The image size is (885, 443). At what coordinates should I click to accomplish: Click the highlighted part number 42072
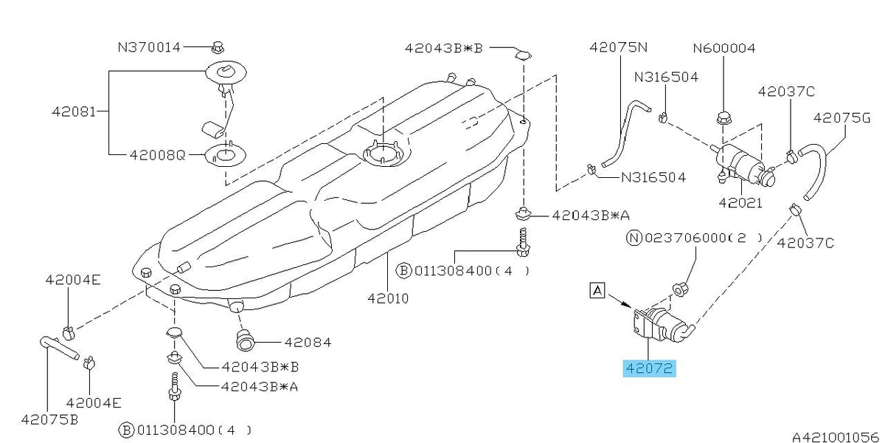(649, 368)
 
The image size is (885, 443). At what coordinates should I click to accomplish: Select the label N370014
(149, 47)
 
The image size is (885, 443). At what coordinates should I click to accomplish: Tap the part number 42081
(74, 111)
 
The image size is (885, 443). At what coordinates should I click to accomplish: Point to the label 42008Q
(157, 154)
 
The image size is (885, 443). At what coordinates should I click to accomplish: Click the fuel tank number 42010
(388, 298)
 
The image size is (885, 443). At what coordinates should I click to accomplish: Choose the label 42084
(308, 342)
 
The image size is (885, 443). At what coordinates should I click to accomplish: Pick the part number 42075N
(619, 47)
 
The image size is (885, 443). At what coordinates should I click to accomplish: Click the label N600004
(724, 48)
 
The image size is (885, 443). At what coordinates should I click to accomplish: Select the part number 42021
(740, 203)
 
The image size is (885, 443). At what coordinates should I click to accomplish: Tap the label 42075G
(842, 118)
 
